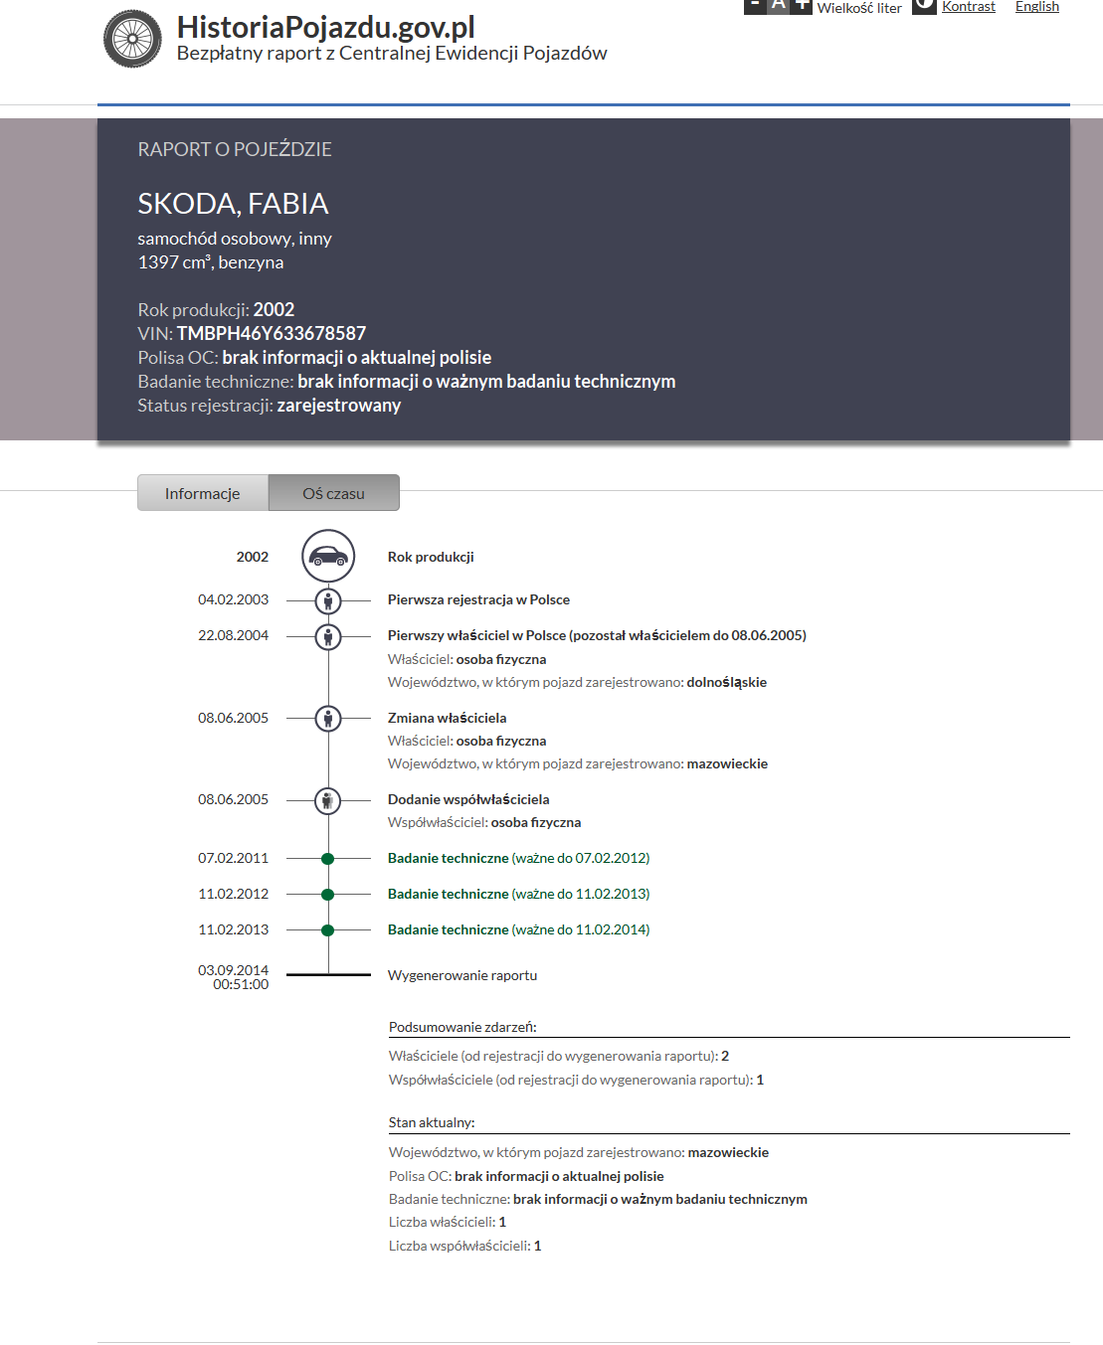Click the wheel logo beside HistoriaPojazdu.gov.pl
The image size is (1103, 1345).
point(132,39)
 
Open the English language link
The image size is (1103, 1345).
point(1036,7)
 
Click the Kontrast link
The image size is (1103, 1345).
point(968,7)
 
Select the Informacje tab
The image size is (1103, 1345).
point(203,493)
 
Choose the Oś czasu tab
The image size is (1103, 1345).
point(334,493)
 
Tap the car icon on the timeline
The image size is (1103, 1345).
point(328,556)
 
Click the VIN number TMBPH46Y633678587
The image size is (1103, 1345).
point(272,333)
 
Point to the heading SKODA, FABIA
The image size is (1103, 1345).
point(233,204)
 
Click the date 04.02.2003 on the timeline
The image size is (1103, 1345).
point(233,599)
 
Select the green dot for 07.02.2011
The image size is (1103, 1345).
point(328,858)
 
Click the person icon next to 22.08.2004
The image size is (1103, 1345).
point(328,636)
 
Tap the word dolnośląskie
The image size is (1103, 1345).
point(726,682)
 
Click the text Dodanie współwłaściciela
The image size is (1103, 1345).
point(468,799)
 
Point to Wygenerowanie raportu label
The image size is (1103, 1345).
point(462,975)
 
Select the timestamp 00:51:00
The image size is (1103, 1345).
point(241,984)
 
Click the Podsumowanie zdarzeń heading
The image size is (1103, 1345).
point(462,1027)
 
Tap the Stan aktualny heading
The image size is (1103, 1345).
point(432,1122)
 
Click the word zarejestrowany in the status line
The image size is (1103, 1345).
point(339,406)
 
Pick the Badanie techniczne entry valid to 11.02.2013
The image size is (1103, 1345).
point(518,894)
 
